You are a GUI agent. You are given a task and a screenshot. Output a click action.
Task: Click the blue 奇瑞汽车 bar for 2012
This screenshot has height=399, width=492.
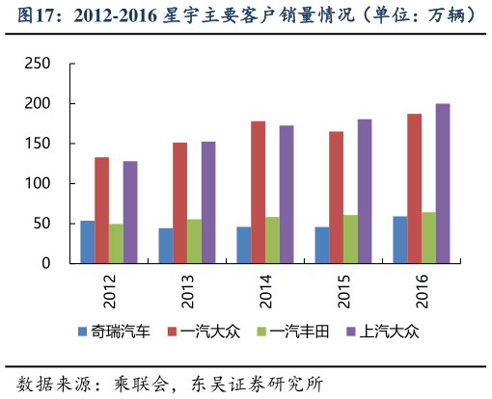point(88,242)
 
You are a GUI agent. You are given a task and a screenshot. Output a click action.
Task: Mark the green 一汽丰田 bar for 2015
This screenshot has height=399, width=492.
point(350,239)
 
